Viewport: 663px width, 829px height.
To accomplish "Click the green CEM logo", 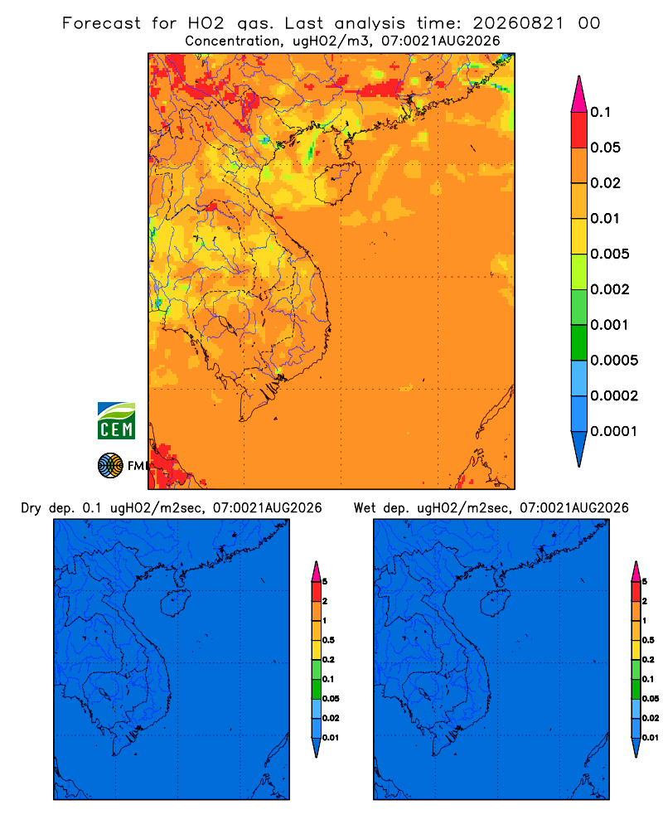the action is [x=116, y=421].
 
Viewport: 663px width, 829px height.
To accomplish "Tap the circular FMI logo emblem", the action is [x=110, y=466].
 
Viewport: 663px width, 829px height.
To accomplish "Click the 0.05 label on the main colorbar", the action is [x=605, y=148].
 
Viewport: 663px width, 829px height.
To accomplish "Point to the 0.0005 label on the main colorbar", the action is [x=614, y=361].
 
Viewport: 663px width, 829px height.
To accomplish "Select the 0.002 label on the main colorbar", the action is [x=610, y=289].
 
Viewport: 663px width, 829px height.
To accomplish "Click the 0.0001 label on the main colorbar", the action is [x=614, y=431].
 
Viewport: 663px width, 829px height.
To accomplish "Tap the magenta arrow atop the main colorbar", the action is [x=579, y=94].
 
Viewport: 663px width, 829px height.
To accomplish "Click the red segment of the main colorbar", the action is [x=579, y=130].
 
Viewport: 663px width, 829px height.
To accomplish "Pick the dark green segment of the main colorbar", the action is [x=579, y=342].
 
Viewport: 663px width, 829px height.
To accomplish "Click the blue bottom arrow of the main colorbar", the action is [x=579, y=448].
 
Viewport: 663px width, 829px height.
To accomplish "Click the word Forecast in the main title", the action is [x=101, y=23].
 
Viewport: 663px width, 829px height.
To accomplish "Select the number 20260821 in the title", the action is [x=518, y=23].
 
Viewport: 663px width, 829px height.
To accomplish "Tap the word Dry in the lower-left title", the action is [x=31, y=508].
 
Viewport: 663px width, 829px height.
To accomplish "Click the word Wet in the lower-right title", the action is [x=365, y=508].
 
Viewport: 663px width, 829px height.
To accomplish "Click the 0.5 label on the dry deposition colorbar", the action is [x=328, y=640].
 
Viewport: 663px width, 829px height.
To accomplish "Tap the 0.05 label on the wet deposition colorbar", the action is [x=651, y=699].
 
